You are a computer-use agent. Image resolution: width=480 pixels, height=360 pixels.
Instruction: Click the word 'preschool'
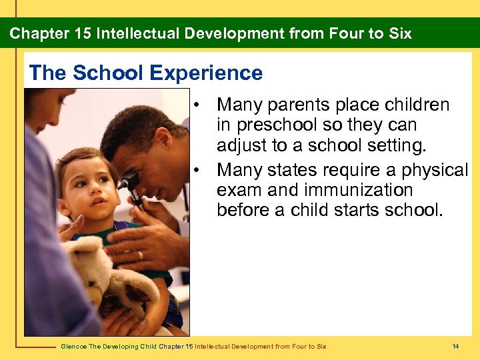[282, 125]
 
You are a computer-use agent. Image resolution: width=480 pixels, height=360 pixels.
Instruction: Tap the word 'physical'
[435, 171]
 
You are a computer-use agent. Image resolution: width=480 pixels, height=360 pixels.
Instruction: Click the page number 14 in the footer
[455, 346]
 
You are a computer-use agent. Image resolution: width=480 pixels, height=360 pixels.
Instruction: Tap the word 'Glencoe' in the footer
[73, 346]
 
